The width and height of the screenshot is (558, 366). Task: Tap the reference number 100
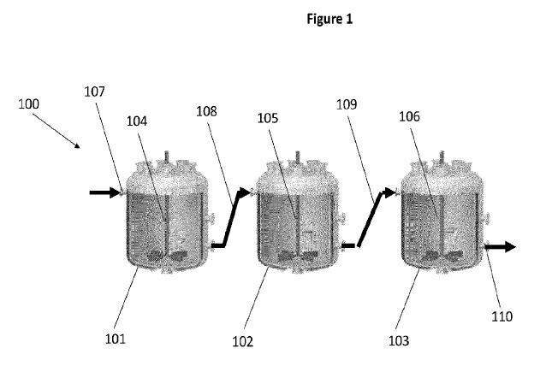point(28,104)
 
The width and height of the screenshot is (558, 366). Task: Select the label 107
point(96,91)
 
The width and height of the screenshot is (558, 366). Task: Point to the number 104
point(136,121)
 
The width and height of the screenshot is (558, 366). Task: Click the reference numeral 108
point(206,110)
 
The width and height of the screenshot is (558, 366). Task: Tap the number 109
point(347,104)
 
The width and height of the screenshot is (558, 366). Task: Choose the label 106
point(409,118)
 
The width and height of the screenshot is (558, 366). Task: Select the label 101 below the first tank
point(115,339)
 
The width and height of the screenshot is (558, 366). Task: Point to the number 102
point(242,341)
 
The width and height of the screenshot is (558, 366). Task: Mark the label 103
point(398,340)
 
